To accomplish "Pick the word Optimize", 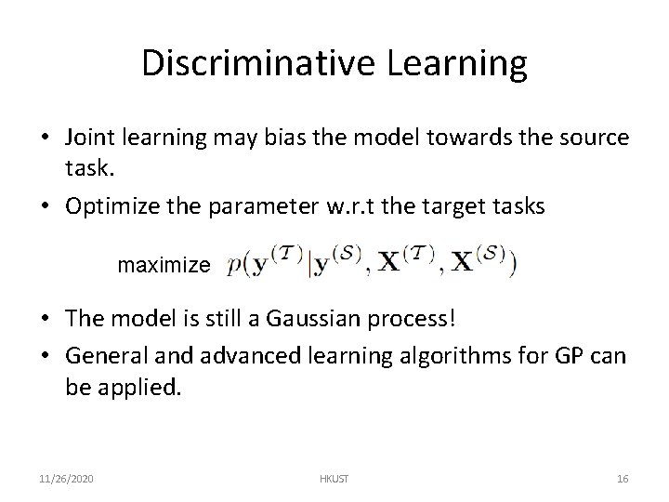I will pos(106,205).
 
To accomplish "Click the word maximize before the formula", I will pos(164,266).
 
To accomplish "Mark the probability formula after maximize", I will pos(372,263).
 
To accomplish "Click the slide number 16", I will pos(622,480).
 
